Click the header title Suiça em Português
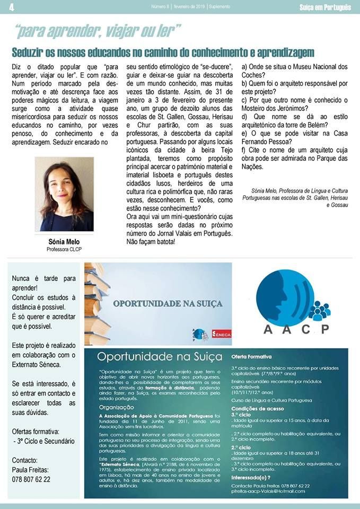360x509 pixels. click(x=324, y=7)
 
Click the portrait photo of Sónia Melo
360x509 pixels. click(x=64, y=194)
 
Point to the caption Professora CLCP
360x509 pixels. click(x=64, y=249)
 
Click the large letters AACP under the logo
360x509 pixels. click(x=296, y=328)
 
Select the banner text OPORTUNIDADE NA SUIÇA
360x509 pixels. click(x=168, y=304)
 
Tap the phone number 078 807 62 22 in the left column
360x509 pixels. click(x=31, y=479)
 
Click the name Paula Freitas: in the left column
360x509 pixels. click(x=30, y=470)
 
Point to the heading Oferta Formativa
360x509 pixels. click(x=251, y=357)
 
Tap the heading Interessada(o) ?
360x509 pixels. click(x=252, y=477)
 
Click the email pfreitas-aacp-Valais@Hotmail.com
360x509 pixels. click(x=268, y=492)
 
